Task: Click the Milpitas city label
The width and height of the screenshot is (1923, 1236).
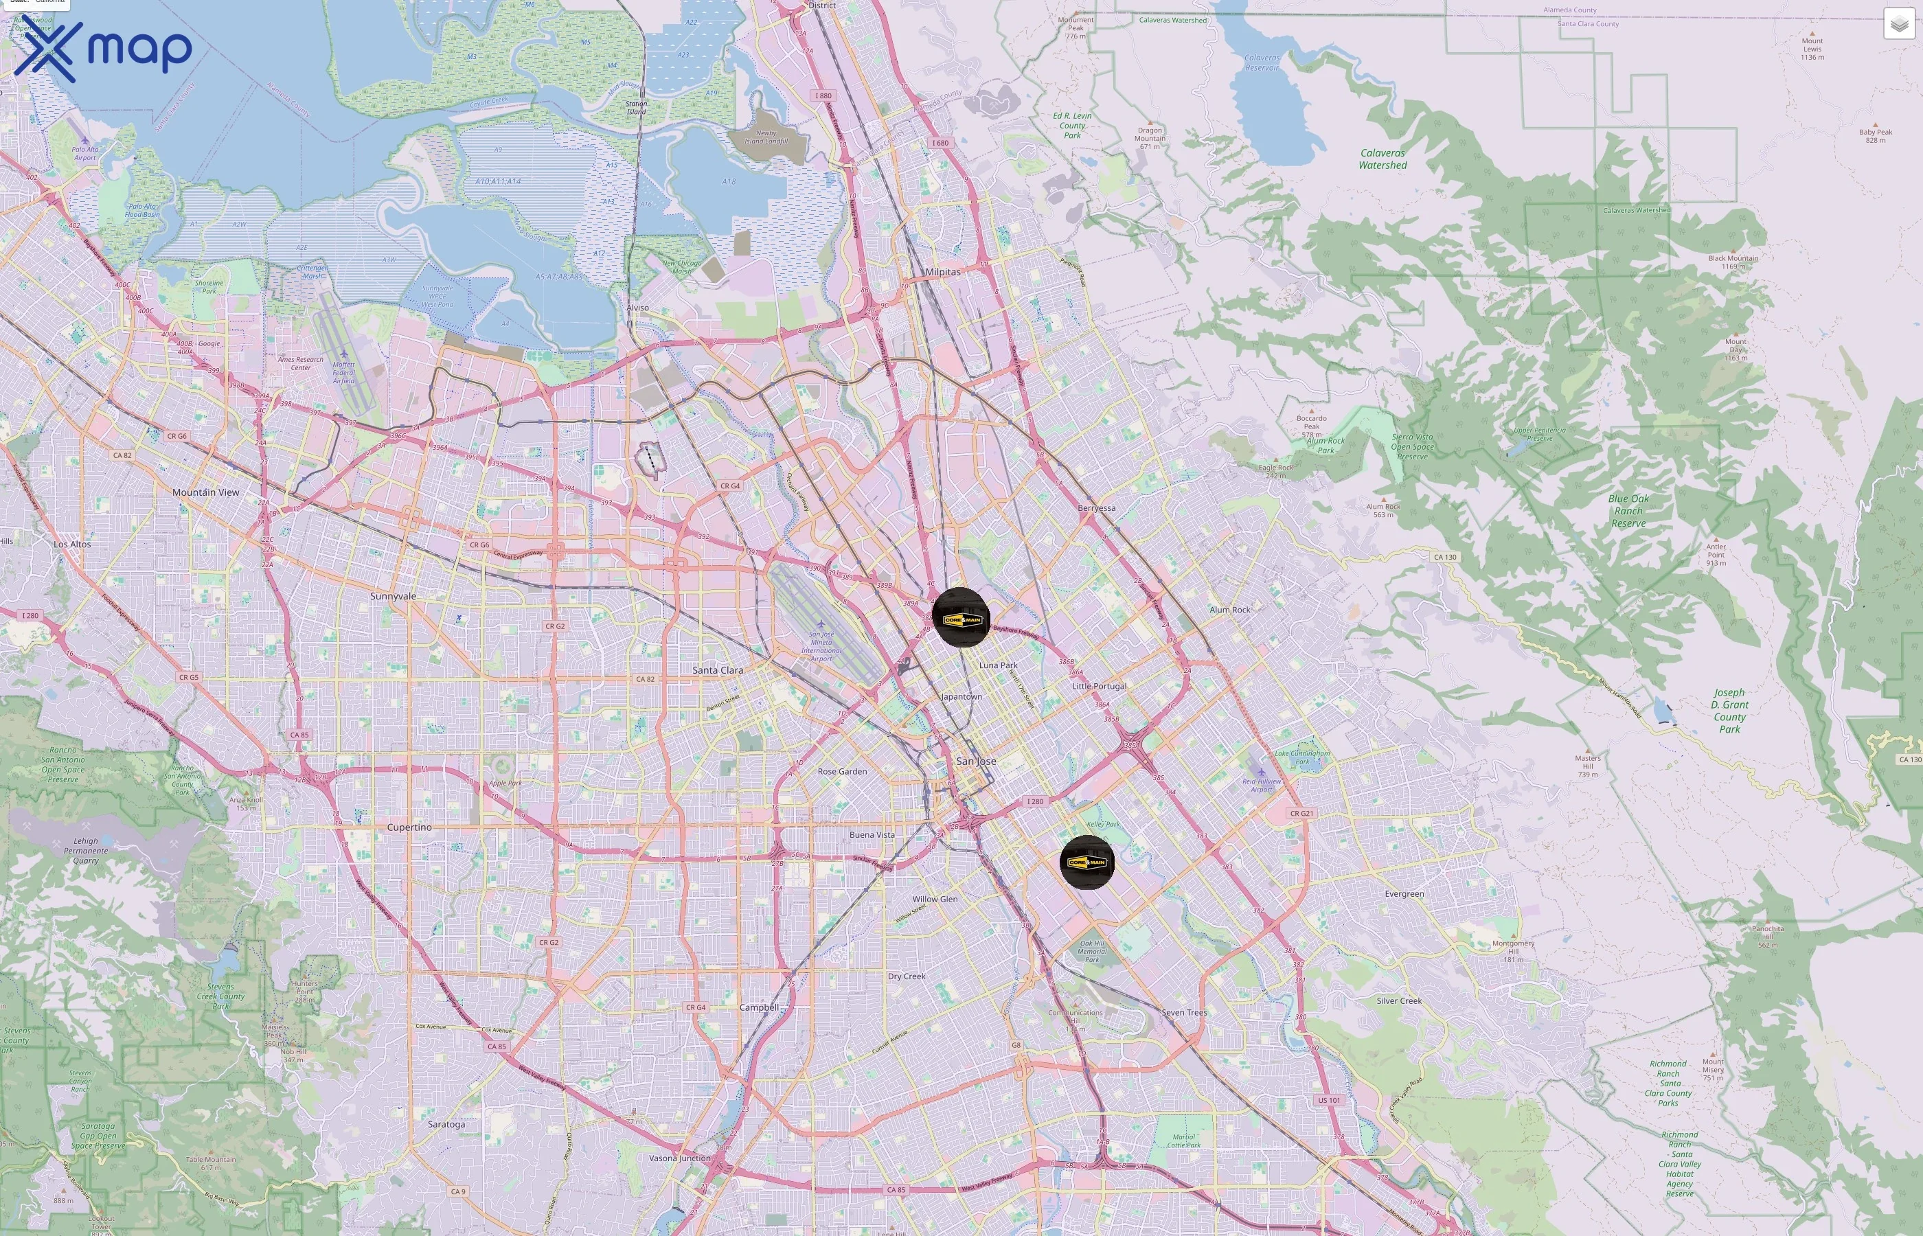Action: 942,272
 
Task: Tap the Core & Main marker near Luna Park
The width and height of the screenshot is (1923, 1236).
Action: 961,617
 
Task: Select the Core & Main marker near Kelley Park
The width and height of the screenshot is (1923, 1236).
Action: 1086,862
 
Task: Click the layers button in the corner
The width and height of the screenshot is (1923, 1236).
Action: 1898,24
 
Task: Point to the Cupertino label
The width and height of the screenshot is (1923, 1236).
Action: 409,827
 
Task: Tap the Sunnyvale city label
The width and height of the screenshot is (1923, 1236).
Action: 394,596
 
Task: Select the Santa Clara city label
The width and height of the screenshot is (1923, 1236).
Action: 718,670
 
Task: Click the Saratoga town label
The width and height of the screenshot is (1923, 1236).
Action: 446,1125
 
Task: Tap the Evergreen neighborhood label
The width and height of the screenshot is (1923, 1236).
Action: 1404,894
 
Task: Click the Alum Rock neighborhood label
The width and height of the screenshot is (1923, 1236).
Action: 1229,610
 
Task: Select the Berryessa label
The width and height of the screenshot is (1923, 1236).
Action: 1096,508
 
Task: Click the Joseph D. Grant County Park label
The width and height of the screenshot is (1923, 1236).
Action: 1729,710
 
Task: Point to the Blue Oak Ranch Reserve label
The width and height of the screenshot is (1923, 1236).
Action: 1628,510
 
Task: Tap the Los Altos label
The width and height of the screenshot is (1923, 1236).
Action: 72,544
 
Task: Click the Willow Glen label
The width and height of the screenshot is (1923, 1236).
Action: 935,899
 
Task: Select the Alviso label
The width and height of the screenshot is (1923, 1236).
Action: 637,308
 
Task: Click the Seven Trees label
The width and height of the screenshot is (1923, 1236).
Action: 1185,1013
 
